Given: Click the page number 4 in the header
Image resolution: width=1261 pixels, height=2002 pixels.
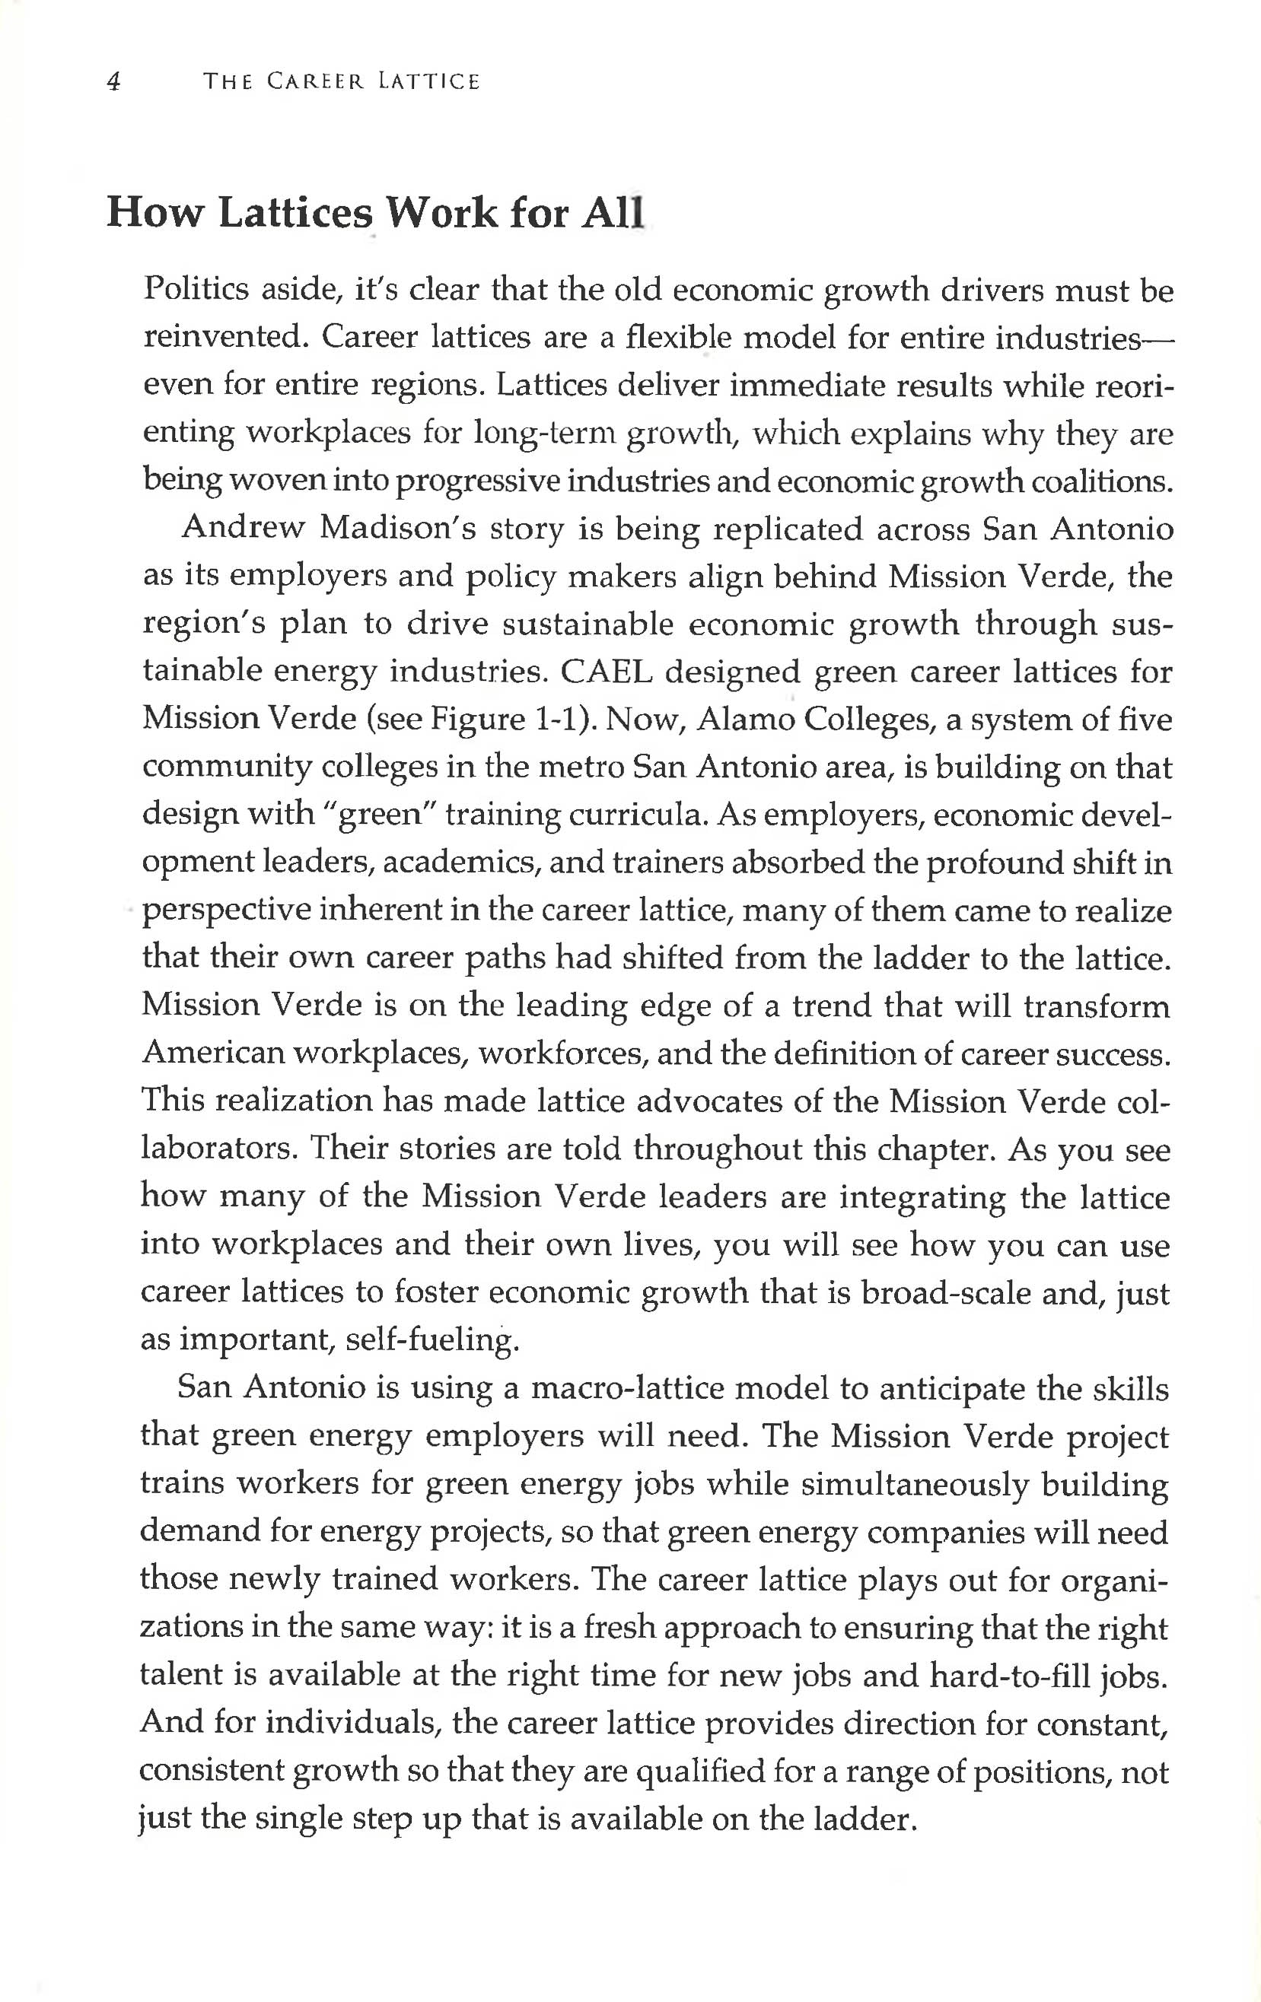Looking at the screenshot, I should point(115,81).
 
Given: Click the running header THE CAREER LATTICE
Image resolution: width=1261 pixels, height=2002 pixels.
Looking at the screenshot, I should point(342,81).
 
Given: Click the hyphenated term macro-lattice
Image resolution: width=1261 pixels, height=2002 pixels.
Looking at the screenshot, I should point(628,1387).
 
